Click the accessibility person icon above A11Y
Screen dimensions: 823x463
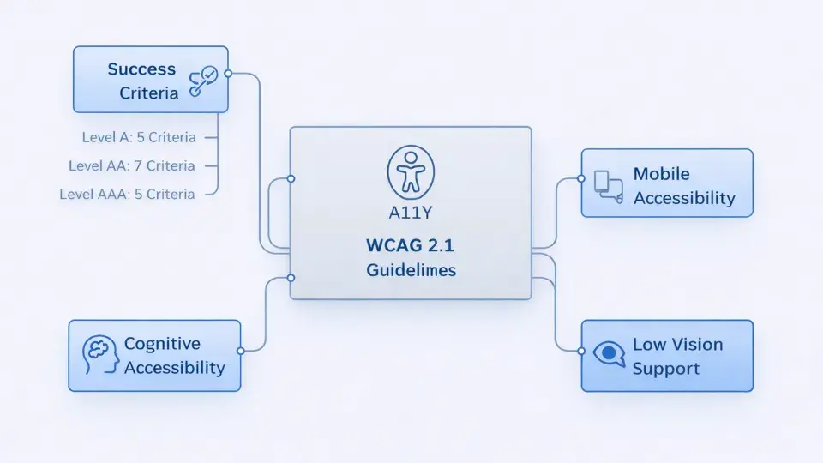(411, 172)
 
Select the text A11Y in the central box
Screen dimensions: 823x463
(411, 213)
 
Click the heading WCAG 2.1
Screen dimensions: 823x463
(411, 245)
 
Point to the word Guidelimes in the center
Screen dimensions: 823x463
(411, 270)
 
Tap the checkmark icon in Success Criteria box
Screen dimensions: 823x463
(203, 81)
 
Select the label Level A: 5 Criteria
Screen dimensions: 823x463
(139, 137)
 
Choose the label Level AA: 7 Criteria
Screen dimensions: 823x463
(132, 165)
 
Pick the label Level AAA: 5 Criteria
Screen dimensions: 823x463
(127, 195)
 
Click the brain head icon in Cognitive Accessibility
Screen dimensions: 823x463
(99, 355)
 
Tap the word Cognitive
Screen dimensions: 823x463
(162, 344)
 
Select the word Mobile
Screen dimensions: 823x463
(661, 174)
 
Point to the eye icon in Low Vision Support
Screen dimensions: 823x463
(609, 353)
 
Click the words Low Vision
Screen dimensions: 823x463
(677, 345)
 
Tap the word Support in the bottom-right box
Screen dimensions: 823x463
(665, 369)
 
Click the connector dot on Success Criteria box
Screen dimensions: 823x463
(228, 74)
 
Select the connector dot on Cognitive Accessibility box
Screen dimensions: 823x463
(241, 351)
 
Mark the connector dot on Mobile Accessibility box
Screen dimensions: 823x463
(581, 178)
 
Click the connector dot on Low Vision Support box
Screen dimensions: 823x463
(581, 351)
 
